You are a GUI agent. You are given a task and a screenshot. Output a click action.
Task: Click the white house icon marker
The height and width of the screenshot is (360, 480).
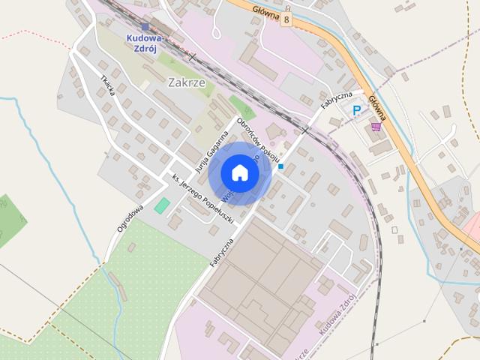[239, 172]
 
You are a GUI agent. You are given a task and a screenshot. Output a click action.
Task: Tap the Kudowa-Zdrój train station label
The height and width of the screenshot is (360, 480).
[145, 42]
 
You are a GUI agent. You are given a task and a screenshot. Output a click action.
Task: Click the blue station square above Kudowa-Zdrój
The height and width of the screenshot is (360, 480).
[145, 27]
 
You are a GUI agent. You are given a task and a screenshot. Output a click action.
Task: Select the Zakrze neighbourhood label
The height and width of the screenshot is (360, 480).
[187, 82]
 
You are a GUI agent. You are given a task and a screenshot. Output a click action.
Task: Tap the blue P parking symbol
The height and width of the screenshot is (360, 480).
[356, 110]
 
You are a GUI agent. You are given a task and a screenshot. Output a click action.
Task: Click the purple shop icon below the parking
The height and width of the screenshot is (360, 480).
[375, 127]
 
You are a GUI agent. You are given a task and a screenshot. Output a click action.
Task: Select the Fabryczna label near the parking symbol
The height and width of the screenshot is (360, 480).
[337, 100]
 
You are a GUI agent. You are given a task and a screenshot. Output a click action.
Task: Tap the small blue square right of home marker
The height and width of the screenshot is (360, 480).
[280, 166]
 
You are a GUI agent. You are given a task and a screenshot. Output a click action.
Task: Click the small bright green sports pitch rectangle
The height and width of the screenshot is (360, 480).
[162, 205]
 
